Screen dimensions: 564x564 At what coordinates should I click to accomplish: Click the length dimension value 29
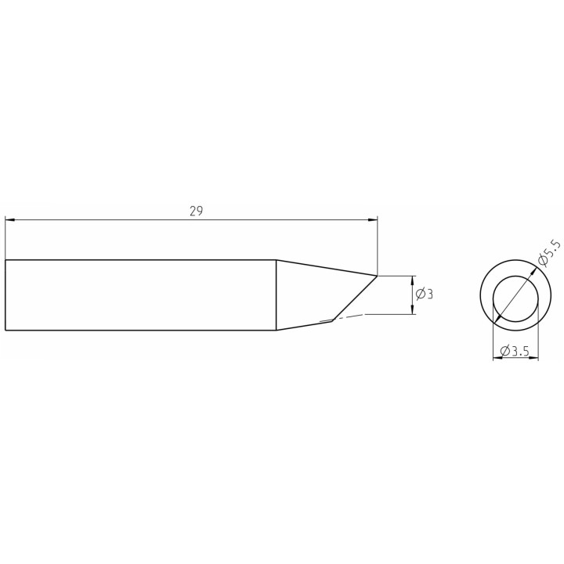196,211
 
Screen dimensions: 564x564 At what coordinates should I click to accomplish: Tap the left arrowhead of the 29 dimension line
10,219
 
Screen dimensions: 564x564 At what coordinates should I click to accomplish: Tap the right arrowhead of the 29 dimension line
373,219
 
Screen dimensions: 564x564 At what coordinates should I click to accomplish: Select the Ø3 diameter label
425,294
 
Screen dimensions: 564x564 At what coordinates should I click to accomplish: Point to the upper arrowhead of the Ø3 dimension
412,280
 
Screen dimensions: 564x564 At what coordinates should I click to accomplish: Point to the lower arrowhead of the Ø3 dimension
412,309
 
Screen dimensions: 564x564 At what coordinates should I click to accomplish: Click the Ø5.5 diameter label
548,254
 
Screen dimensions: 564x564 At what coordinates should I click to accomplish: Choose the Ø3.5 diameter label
515,351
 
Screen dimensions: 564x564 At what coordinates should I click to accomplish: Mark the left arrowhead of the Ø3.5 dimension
497,357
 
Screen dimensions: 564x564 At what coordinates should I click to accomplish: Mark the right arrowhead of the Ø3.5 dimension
533,357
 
